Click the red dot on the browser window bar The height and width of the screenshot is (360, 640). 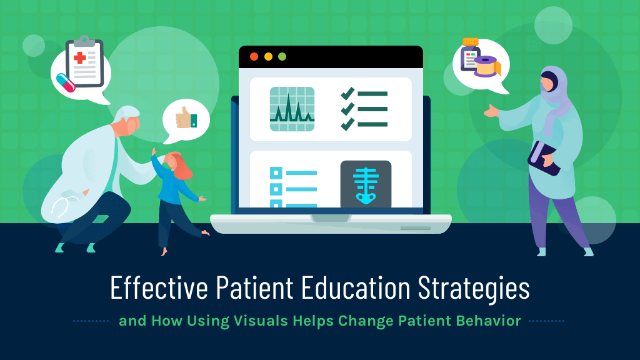coord(254,56)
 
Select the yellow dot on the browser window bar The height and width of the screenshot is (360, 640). coord(268,56)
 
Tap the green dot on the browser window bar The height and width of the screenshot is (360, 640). coord(282,56)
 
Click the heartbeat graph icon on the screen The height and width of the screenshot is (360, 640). coord(292,109)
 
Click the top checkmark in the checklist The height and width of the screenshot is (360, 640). coord(347,94)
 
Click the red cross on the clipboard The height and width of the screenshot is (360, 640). coord(80,58)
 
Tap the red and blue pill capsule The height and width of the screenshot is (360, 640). coord(65,82)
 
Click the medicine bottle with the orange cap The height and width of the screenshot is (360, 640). coord(469,54)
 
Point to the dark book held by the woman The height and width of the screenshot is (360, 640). coord(542,157)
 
